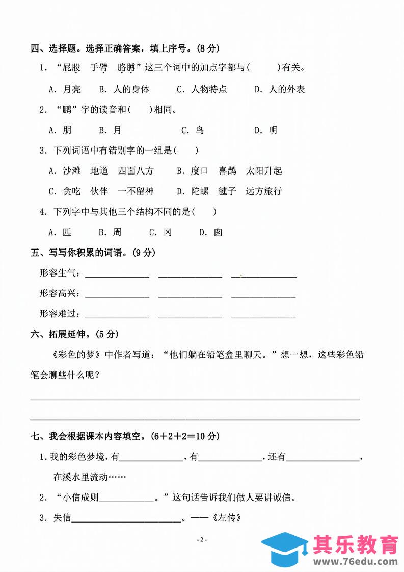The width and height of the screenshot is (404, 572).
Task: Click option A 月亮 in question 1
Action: [x=65, y=89]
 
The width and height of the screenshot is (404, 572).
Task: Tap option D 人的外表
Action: [x=280, y=89]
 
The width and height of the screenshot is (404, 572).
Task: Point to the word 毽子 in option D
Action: [x=227, y=191]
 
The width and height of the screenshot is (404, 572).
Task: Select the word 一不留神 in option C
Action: [x=135, y=191]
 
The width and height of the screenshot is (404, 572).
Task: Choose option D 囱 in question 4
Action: [x=211, y=232]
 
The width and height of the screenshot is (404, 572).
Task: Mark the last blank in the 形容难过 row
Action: [x=263, y=315]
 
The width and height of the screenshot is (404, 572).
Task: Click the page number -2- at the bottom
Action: [x=202, y=540]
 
